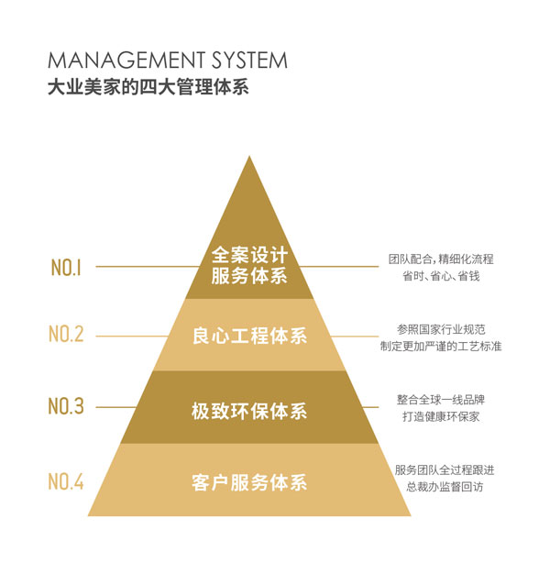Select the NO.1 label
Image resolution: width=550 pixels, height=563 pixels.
click(66, 268)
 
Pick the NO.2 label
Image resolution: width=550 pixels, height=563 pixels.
click(66, 335)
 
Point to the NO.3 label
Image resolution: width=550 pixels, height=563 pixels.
click(66, 406)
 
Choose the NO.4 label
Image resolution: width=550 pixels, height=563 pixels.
click(66, 480)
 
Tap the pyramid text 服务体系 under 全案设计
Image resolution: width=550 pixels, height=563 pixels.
click(249, 276)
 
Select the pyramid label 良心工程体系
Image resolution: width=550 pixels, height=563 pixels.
click(249, 336)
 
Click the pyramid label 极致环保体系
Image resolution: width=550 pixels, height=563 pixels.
click(249, 406)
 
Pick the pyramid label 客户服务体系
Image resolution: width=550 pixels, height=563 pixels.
click(249, 481)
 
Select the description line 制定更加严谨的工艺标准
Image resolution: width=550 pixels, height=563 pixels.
click(441, 346)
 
